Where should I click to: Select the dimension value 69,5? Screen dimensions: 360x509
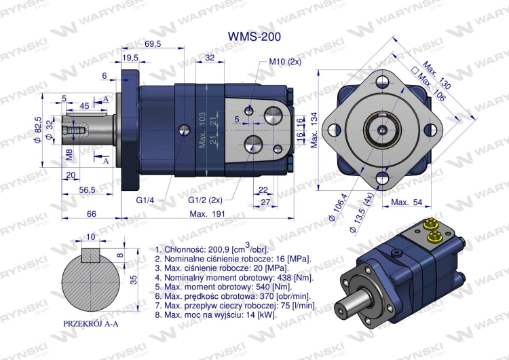[x=153, y=44]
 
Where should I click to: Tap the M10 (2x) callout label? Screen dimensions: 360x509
[x=286, y=62]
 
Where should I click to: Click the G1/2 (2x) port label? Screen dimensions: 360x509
[x=206, y=200]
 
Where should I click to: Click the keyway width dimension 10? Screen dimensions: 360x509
[x=91, y=236]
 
